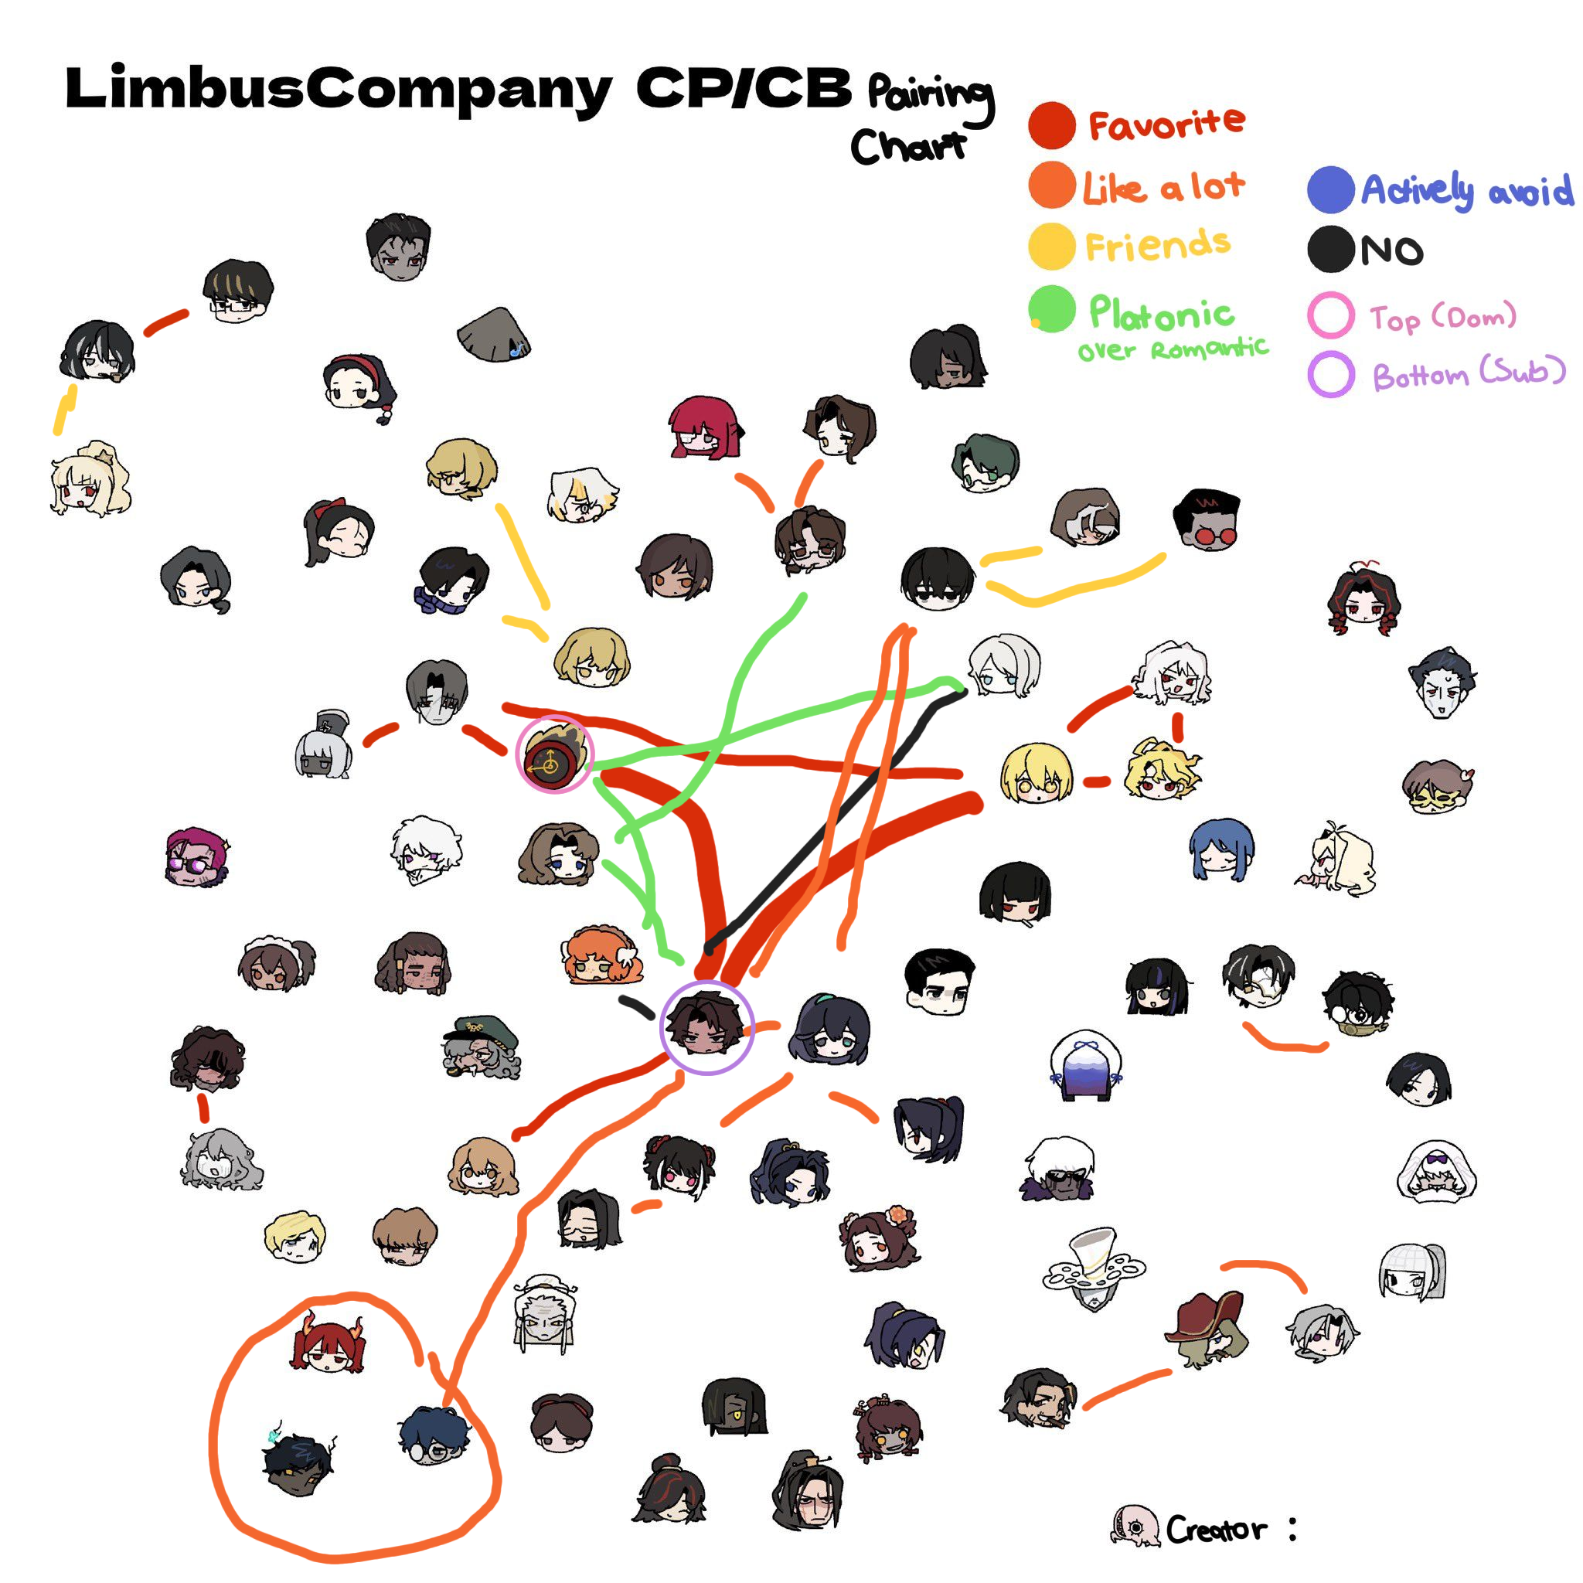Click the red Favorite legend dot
click(1051, 125)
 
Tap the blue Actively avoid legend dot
click(1329, 189)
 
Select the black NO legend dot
click(1329, 249)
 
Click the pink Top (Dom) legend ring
click(1329, 315)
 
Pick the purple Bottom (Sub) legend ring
click(1329, 374)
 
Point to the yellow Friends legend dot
click(1051, 246)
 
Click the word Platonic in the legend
click(1161, 313)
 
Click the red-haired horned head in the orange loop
click(329, 1346)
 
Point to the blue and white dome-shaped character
click(1084, 1067)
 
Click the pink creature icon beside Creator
click(1135, 1527)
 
